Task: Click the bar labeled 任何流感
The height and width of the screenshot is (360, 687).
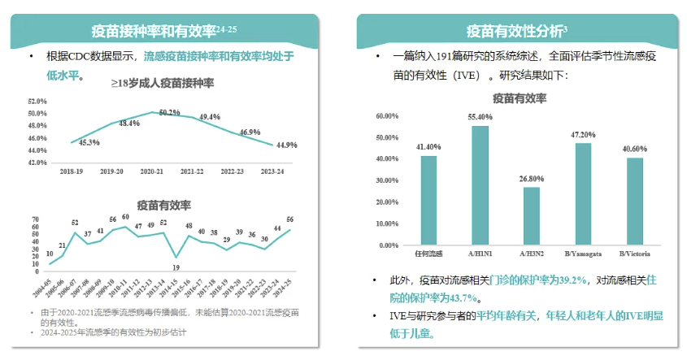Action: (x=428, y=200)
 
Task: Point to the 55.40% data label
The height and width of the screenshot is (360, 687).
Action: (x=480, y=118)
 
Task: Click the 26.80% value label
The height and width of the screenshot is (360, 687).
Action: (x=532, y=178)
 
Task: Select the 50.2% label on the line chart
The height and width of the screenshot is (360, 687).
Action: (x=170, y=112)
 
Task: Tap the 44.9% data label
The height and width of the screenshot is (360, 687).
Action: (x=286, y=145)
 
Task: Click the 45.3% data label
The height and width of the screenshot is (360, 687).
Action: (x=89, y=142)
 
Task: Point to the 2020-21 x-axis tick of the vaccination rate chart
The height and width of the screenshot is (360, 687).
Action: (x=152, y=172)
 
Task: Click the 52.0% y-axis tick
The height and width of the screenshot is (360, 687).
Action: (x=38, y=102)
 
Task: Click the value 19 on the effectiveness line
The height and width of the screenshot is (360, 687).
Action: (x=176, y=267)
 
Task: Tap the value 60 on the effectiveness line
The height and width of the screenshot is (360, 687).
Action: (x=125, y=217)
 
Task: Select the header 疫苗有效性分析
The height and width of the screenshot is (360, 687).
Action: (x=515, y=31)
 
